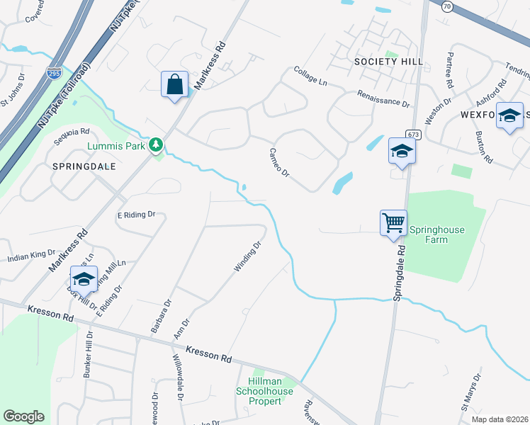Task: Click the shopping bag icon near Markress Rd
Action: [174, 85]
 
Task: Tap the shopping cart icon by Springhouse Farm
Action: [394, 223]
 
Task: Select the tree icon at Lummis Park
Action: [156, 146]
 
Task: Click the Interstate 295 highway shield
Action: [54, 72]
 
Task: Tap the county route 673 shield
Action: [413, 135]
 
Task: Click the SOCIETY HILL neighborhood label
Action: [389, 62]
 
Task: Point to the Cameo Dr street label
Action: [280, 162]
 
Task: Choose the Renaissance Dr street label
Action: [383, 98]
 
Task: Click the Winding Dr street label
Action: [248, 257]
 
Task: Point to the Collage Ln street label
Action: [311, 79]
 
